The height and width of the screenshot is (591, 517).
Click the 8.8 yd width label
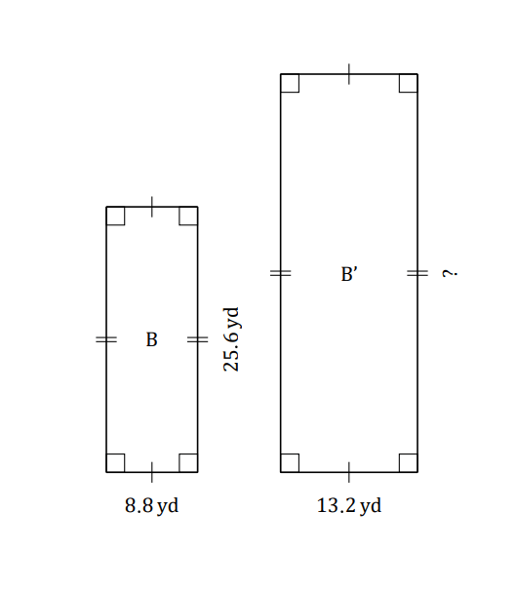click(151, 506)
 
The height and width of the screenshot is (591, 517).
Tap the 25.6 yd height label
click(231, 339)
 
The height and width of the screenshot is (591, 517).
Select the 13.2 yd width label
click(349, 506)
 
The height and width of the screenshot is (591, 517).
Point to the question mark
click(450, 273)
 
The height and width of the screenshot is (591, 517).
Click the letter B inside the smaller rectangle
click(151, 339)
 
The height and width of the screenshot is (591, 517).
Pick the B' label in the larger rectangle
click(349, 274)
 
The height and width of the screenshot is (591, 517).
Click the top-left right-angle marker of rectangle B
click(115, 216)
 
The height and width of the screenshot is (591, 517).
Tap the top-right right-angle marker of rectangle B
click(188, 216)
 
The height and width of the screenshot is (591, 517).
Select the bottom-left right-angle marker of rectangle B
click(115, 463)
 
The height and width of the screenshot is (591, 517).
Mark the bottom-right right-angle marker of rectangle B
click(188, 463)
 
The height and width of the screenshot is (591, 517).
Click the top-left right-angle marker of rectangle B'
click(290, 83)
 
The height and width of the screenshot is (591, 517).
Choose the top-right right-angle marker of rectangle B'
click(409, 83)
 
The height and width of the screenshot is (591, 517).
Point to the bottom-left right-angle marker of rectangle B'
click(290, 463)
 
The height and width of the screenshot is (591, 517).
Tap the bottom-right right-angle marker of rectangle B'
click(409, 463)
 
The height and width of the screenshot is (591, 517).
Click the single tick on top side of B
click(152, 207)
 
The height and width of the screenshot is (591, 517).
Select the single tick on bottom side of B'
click(349, 472)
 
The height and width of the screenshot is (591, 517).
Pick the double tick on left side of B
click(106, 339)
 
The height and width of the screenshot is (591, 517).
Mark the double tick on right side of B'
click(418, 273)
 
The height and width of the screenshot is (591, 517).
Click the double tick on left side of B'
click(281, 273)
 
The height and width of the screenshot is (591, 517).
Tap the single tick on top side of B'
click(349, 74)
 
